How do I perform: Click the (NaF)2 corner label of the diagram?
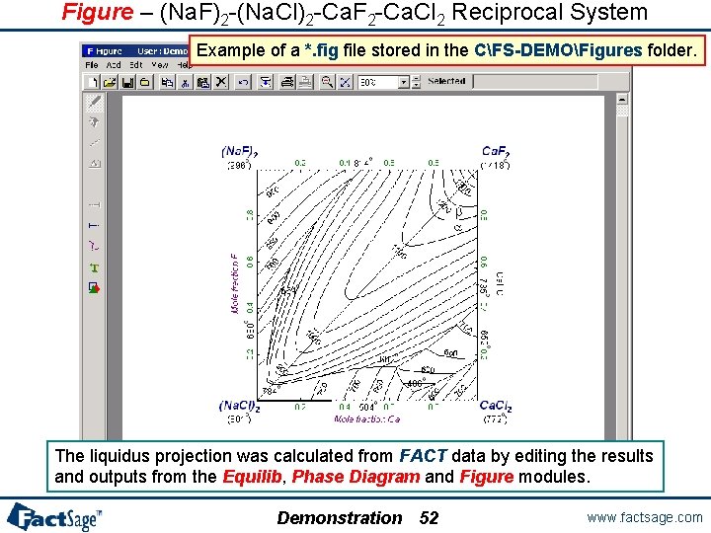(238, 152)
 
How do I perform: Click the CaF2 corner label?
(495, 152)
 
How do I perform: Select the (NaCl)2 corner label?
(239, 406)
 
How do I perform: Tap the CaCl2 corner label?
(496, 406)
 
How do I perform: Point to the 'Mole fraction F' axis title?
(235, 284)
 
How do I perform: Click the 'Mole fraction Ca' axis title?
(366, 419)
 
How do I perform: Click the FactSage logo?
(53, 516)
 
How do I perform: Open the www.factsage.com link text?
(644, 517)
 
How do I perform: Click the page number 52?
(429, 518)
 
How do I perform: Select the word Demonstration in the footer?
(339, 518)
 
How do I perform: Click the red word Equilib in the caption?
(250, 477)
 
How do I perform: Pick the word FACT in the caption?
(424, 456)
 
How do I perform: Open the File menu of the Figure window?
(92, 64)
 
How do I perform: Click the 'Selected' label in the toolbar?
(446, 82)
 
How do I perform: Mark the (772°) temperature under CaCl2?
(496, 419)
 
